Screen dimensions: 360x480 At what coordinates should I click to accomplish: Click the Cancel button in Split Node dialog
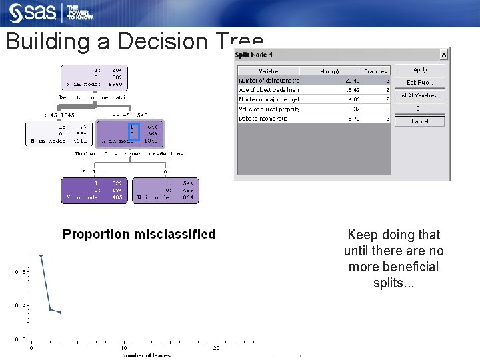point(419,121)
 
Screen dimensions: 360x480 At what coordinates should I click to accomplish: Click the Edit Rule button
point(419,82)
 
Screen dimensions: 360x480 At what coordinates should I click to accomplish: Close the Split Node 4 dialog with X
point(444,55)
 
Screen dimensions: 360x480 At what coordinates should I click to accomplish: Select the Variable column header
point(268,70)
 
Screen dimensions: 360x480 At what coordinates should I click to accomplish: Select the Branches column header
point(375,70)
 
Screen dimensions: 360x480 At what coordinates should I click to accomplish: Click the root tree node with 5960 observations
point(94,77)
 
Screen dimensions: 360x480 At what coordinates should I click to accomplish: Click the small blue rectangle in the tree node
point(133,132)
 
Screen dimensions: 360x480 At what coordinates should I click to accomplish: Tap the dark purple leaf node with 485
point(94,189)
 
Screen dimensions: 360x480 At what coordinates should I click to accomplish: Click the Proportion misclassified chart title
point(139,234)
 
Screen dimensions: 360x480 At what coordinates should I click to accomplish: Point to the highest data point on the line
point(41,255)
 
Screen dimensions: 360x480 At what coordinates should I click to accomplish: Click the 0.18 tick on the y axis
point(20,271)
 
